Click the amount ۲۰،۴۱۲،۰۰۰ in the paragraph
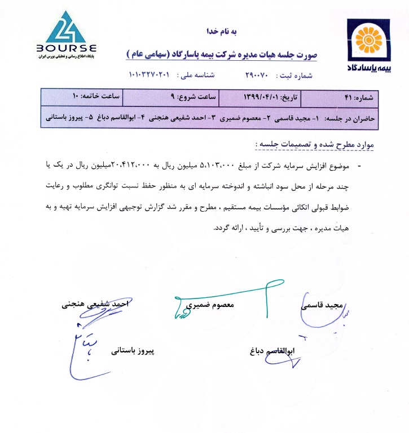128,166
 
